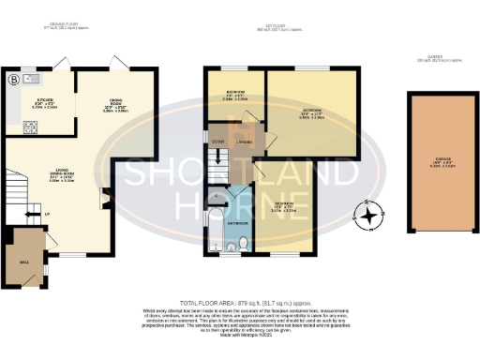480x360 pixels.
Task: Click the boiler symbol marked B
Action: click(x=14, y=80)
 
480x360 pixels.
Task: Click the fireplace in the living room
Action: click(x=104, y=198)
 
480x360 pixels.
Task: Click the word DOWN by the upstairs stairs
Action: click(x=217, y=142)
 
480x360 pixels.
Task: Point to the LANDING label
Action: click(x=243, y=142)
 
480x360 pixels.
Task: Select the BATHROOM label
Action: click(x=237, y=224)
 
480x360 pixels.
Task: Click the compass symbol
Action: click(x=370, y=216)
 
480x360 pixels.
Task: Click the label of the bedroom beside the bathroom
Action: click(x=282, y=205)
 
